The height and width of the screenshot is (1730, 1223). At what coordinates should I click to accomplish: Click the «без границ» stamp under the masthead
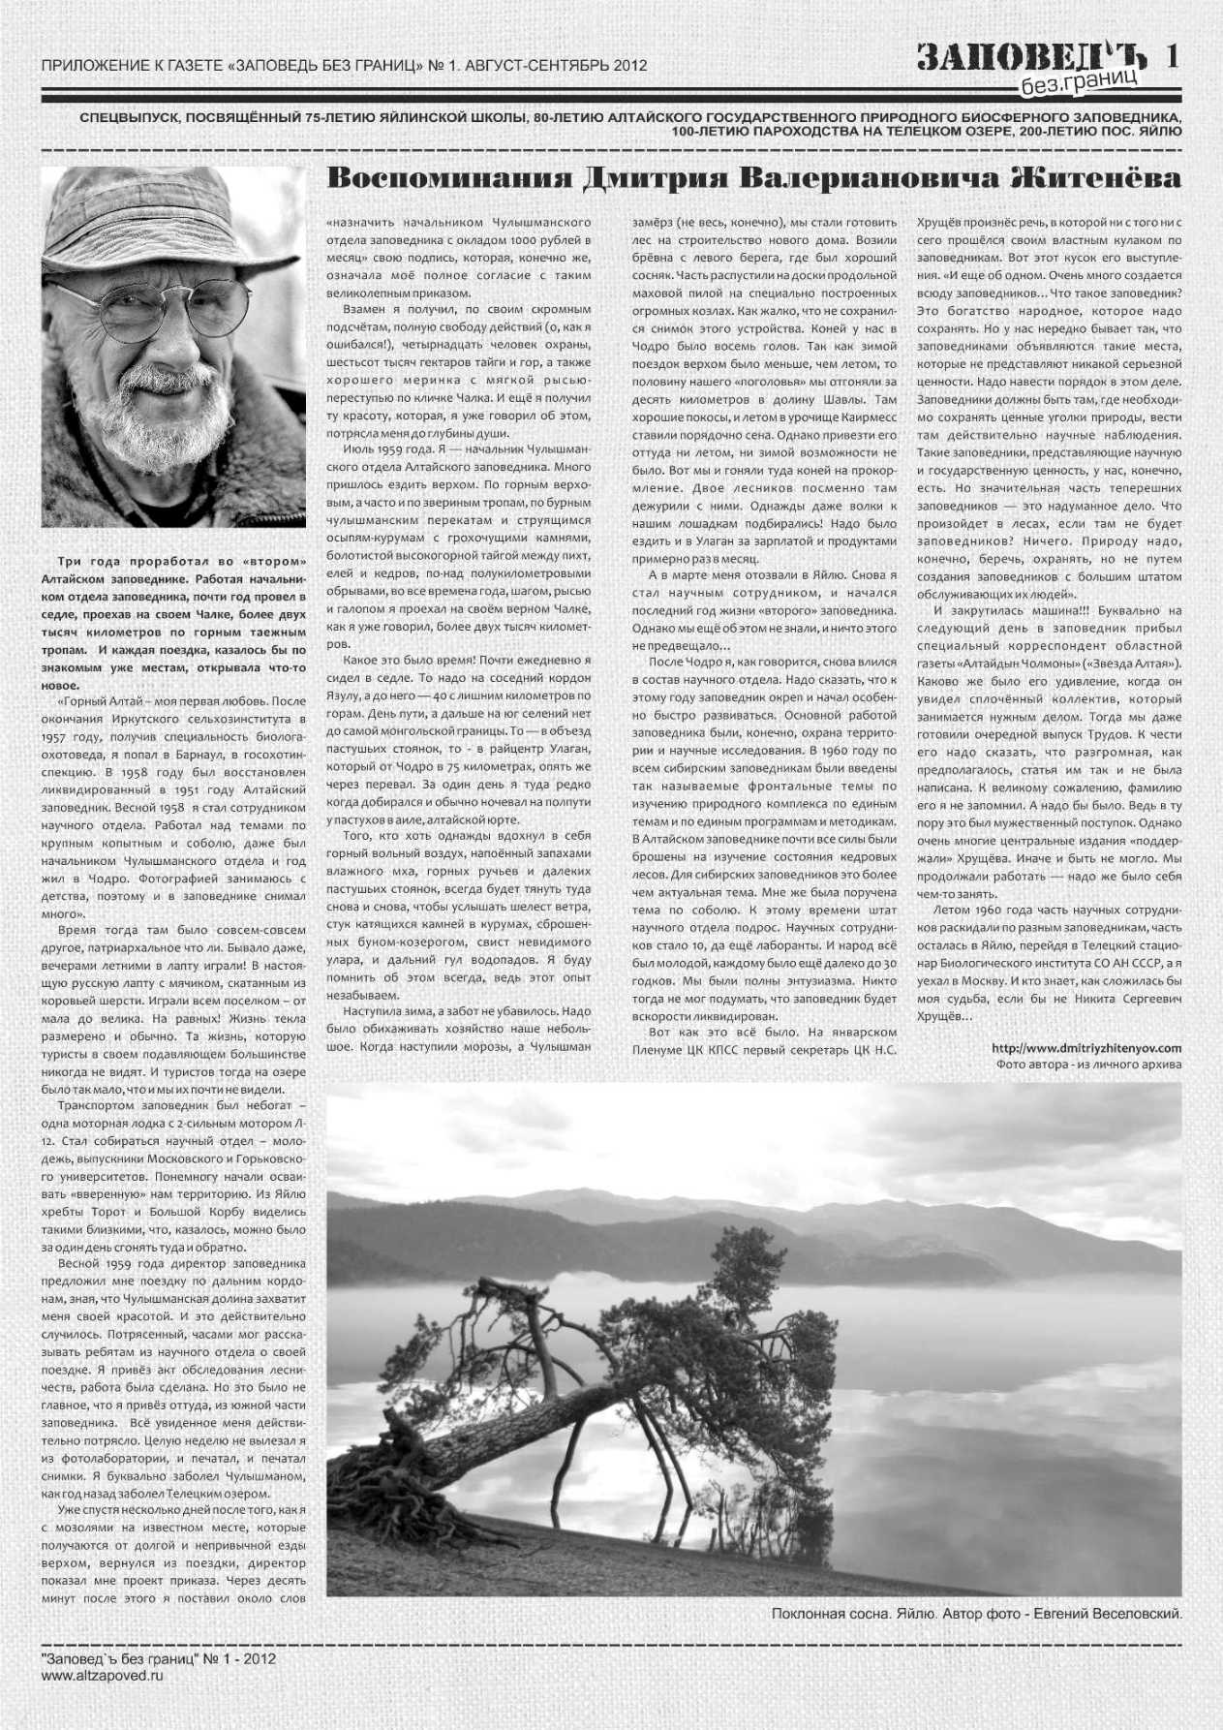click(x=1079, y=84)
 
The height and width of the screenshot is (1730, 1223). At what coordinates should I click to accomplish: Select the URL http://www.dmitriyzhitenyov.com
click(x=1086, y=1047)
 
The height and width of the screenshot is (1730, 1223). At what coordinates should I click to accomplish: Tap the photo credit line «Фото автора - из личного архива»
click(x=1088, y=1064)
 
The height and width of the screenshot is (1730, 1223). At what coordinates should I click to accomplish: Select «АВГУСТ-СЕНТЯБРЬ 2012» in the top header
click(x=556, y=66)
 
